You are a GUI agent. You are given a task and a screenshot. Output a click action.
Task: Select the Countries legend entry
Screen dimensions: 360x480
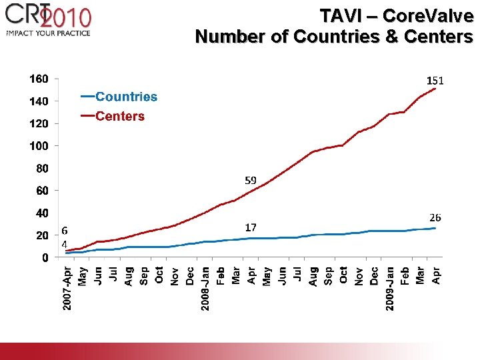pyautogui.click(x=126, y=97)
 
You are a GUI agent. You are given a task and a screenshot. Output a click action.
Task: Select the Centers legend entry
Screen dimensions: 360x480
pyautogui.click(x=119, y=116)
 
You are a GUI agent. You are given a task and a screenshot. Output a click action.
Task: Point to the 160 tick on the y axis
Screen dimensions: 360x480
pyautogui.click(x=39, y=79)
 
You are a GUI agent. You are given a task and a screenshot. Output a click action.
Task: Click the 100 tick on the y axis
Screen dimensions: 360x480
pyautogui.click(x=39, y=145)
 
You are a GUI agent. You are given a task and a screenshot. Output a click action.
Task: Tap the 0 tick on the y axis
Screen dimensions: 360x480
pyautogui.click(x=44, y=257)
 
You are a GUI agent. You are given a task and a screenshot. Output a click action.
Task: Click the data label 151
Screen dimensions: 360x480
pyautogui.click(x=435, y=80)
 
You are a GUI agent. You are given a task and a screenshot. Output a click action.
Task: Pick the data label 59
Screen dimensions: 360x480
pyautogui.click(x=251, y=180)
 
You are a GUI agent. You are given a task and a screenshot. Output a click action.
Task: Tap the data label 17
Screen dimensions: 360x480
pyautogui.click(x=251, y=227)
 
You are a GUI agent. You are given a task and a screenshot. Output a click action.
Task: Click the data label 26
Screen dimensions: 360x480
pyautogui.click(x=435, y=217)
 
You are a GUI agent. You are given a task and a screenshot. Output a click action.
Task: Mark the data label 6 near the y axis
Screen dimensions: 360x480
pyautogui.click(x=64, y=230)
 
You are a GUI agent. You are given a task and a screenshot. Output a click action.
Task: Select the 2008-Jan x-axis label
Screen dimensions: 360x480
pyautogui.click(x=205, y=288)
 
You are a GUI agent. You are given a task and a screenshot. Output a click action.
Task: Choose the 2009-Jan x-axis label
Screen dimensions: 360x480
pyautogui.click(x=390, y=288)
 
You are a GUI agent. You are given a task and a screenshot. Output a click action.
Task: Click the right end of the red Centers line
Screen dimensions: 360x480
pyautogui.click(x=435, y=89)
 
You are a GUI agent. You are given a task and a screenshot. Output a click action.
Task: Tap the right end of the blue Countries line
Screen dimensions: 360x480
pyautogui.click(x=435, y=228)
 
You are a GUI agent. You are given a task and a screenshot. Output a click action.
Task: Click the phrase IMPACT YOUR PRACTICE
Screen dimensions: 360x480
pyautogui.click(x=47, y=33)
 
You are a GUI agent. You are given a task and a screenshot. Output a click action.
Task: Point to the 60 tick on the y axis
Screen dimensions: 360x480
pyautogui.click(x=41, y=191)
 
